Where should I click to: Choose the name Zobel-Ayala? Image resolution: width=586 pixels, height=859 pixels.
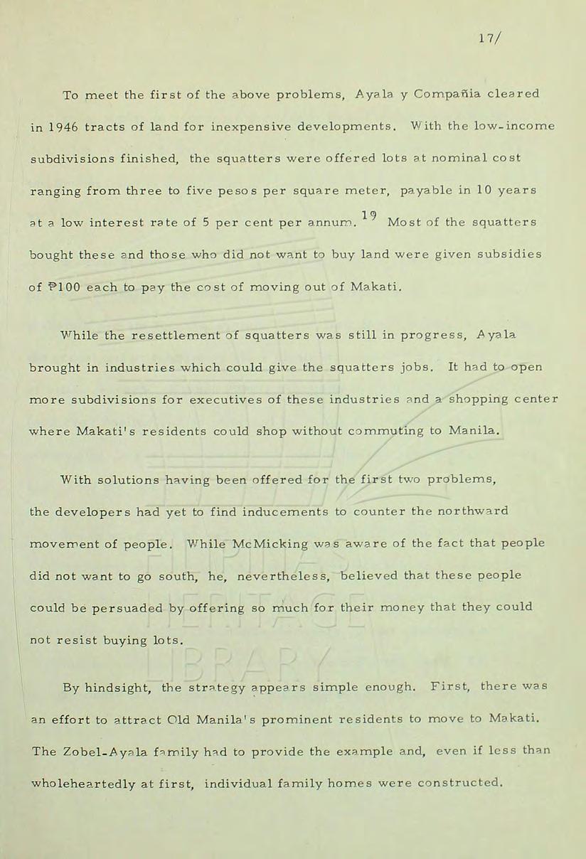coord(100,752)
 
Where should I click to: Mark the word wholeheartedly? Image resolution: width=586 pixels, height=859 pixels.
coord(112,784)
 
